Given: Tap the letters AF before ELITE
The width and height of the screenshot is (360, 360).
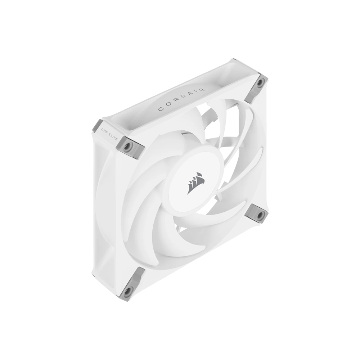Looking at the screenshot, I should (106, 132).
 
